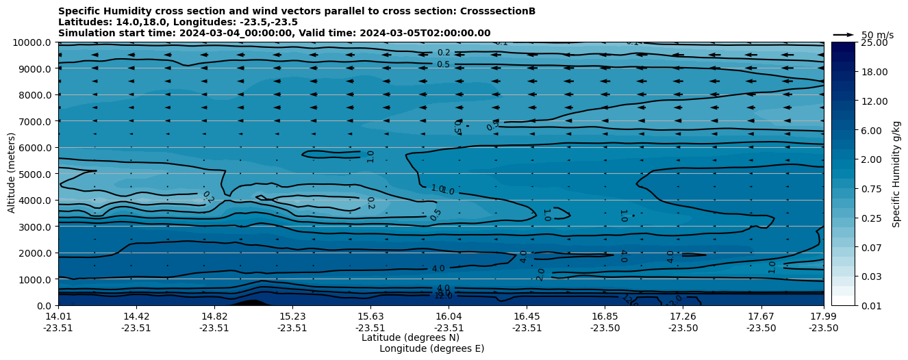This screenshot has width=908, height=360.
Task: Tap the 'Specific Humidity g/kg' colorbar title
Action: point(896,174)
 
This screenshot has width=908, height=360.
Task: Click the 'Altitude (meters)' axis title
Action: point(12,174)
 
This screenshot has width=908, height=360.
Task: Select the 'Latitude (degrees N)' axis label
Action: point(410,337)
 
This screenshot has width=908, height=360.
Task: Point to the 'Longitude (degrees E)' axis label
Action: point(431,348)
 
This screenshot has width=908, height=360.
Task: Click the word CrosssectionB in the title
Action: point(499,12)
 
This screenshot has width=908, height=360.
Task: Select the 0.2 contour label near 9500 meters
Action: point(444,53)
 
